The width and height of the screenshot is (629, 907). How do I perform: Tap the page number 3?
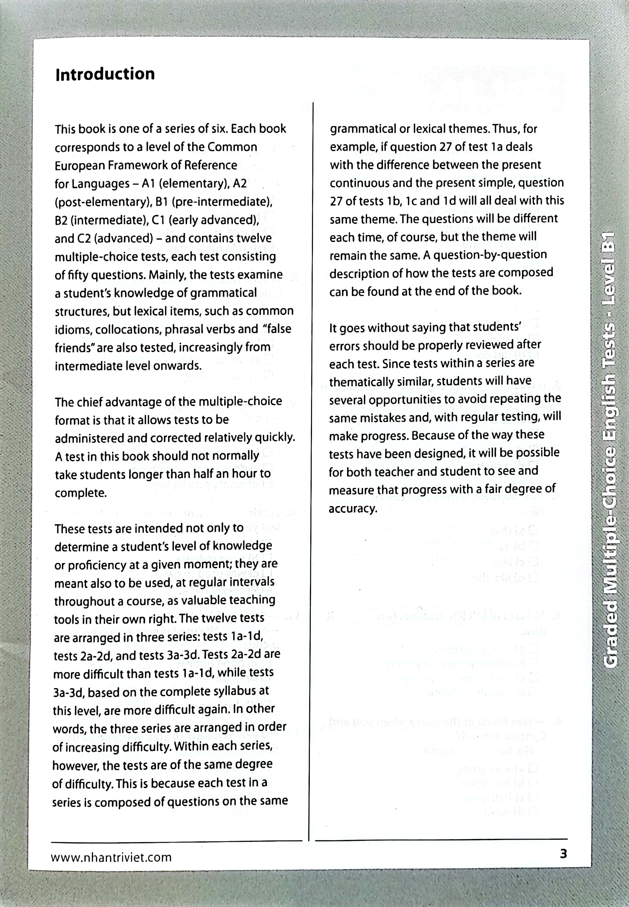point(563,854)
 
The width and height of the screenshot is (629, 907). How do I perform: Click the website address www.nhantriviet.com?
point(111,857)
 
